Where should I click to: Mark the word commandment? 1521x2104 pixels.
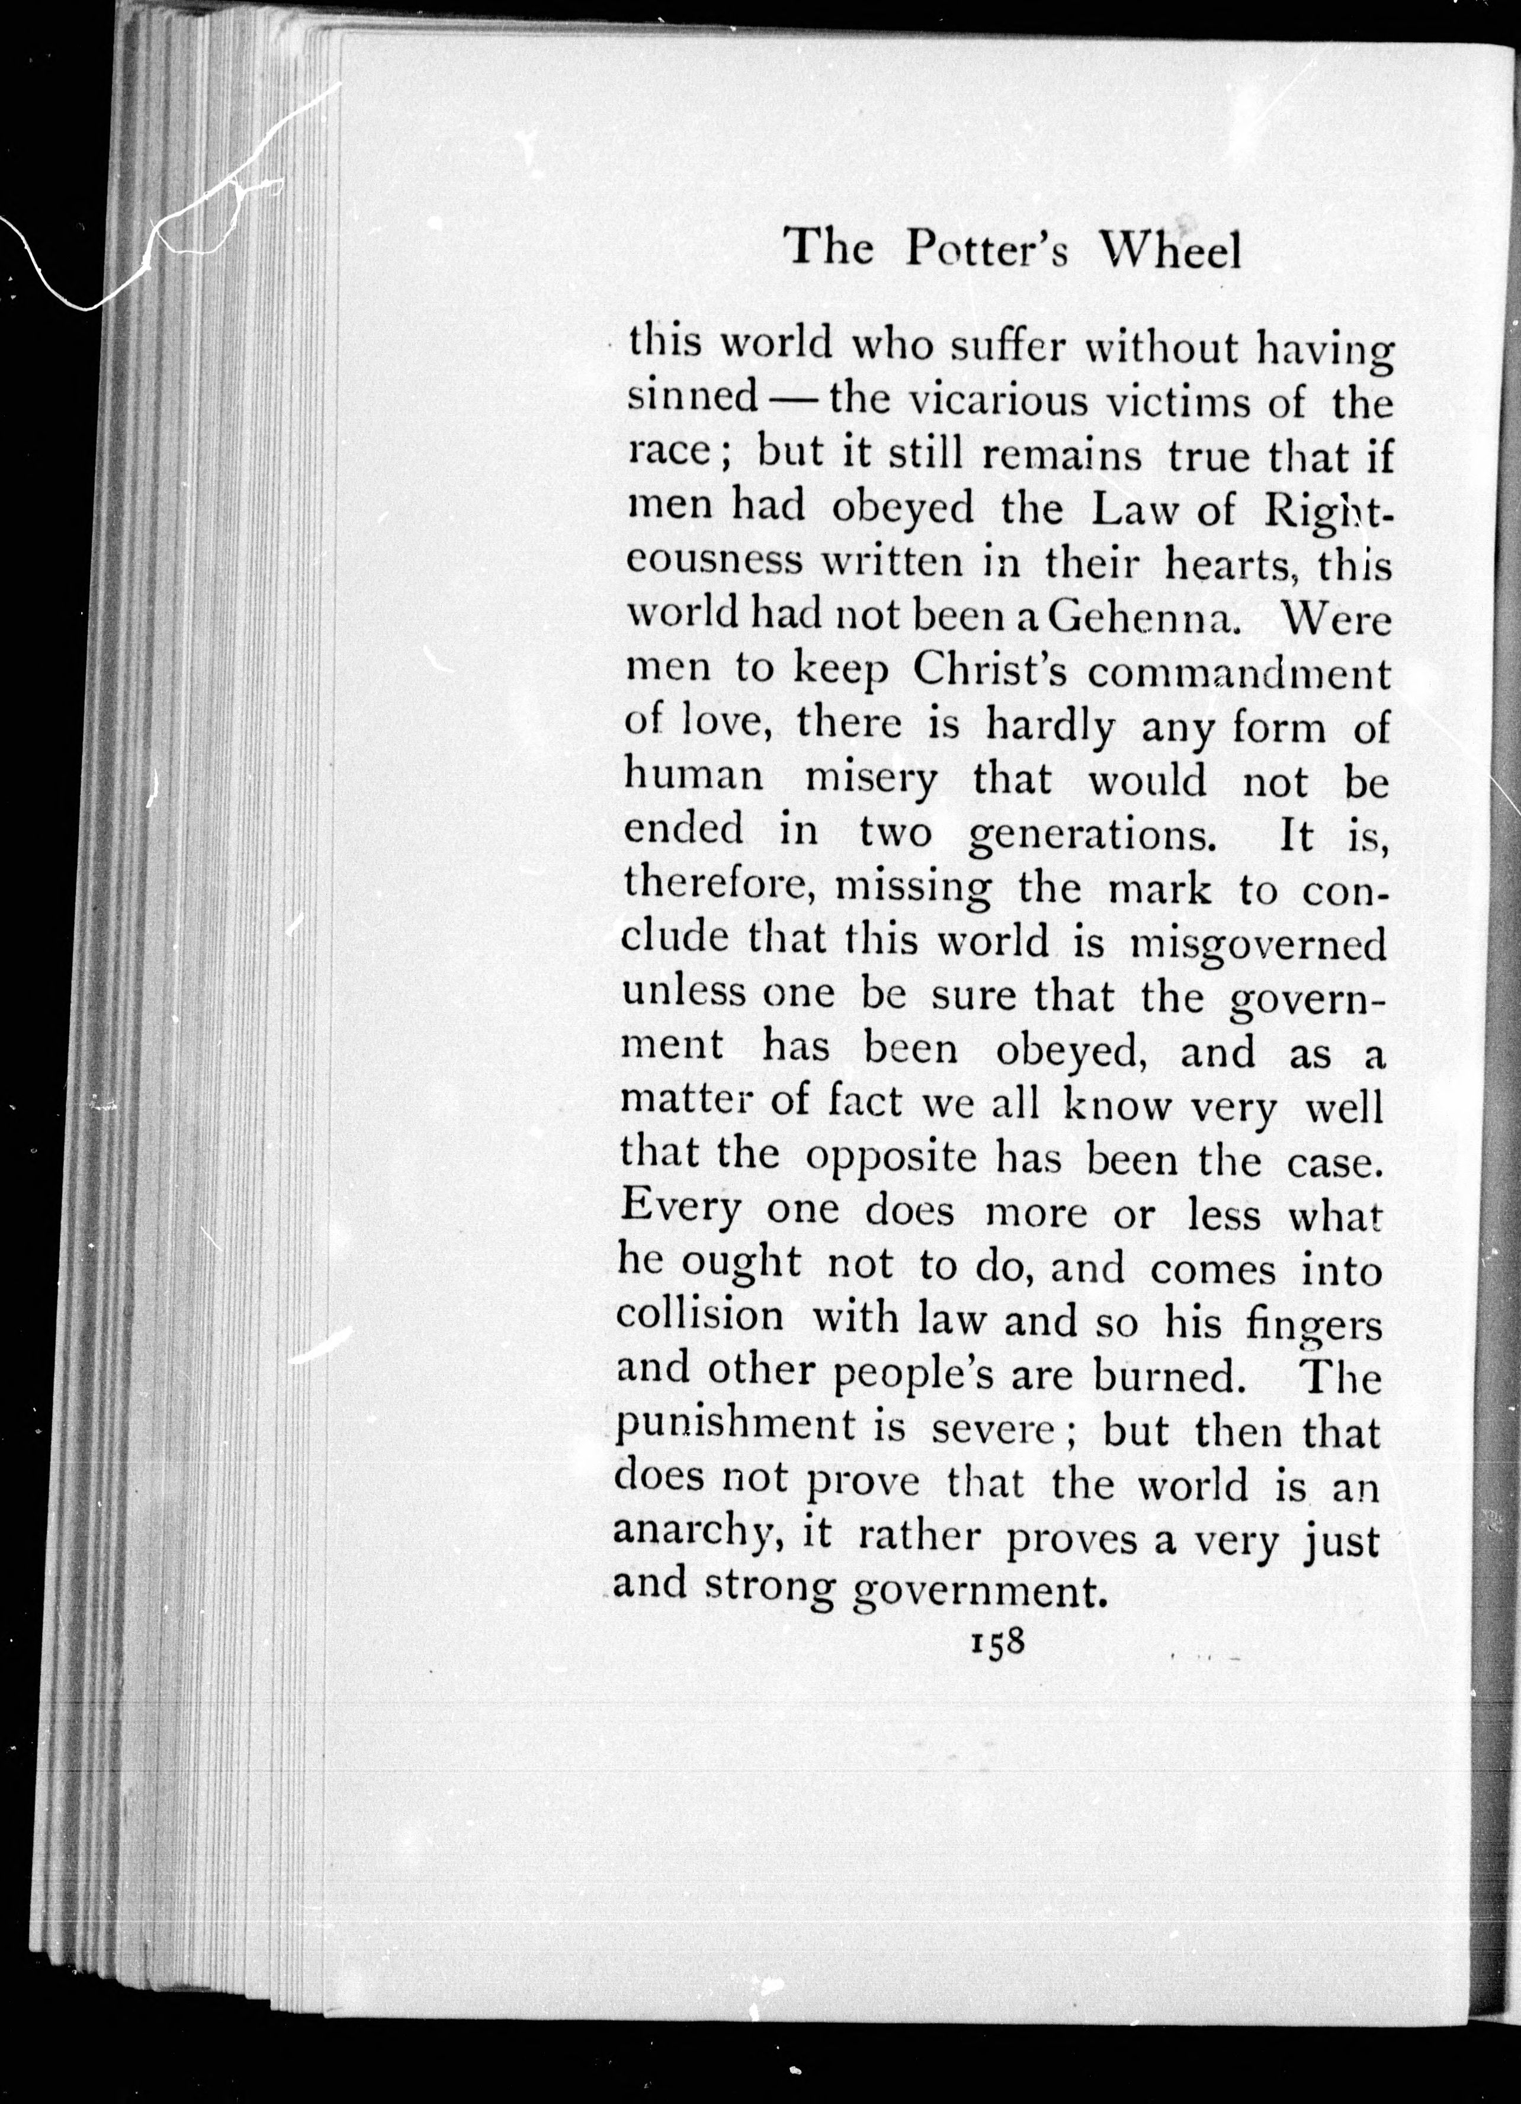pyautogui.click(x=1239, y=672)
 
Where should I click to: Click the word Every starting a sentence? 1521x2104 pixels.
pyautogui.click(x=680, y=1210)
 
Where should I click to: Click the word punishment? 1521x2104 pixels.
pyautogui.click(x=736, y=1427)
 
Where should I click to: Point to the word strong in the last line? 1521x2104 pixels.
pyautogui.click(x=770, y=1588)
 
